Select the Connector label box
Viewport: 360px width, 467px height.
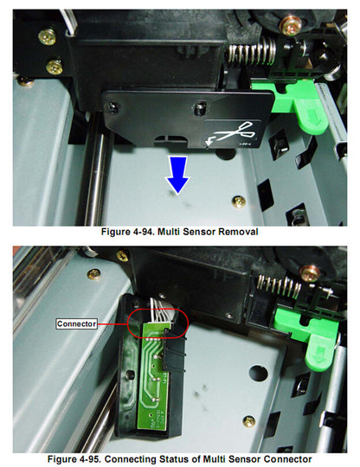pyautogui.click(x=75, y=323)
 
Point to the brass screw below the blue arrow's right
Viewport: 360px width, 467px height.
pyautogui.click(x=239, y=201)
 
